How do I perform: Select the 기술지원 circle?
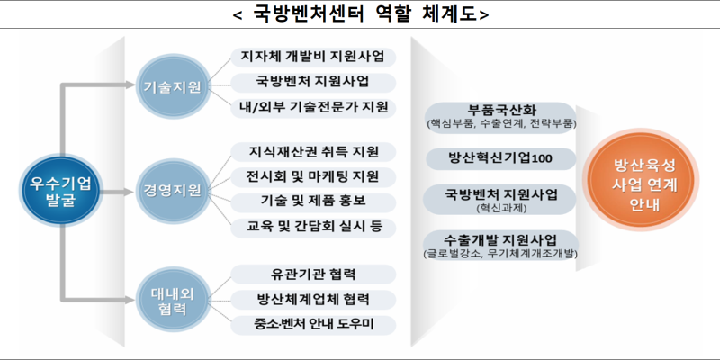170,86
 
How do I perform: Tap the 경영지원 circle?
170,191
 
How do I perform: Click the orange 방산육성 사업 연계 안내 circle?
641,179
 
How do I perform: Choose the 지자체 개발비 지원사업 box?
313,58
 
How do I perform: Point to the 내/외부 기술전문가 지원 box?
313,108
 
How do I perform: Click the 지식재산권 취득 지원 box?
313,152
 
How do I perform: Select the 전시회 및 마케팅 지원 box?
313,177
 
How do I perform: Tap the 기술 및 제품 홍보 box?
313,202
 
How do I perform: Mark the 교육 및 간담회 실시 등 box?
313,228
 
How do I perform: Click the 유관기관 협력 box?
313,274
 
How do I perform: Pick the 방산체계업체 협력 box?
313,300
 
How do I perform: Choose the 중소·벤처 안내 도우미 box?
313,325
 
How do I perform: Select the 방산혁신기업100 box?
500,159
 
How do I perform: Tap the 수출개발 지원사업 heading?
501,240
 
